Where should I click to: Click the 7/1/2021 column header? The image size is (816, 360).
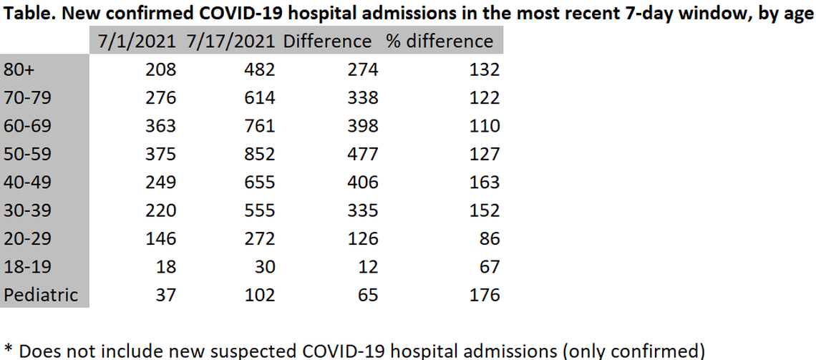point(137,42)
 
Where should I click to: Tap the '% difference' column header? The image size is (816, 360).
point(439,42)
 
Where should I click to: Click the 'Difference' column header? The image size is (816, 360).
point(328,42)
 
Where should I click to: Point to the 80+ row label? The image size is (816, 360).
point(18,70)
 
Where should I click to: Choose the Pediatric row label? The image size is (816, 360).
point(40,295)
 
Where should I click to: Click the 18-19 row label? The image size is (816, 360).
point(28,267)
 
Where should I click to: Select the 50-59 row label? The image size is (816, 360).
point(28,155)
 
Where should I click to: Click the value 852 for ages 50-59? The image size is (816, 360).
point(259,155)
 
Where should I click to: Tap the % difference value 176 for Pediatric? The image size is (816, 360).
point(485,295)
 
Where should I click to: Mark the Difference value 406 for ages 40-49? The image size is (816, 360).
point(362,183)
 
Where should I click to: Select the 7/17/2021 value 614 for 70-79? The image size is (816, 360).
point(259,98)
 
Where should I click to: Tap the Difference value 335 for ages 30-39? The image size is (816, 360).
point(362,211)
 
